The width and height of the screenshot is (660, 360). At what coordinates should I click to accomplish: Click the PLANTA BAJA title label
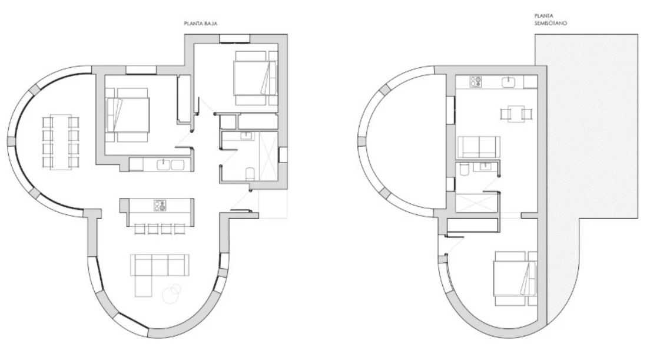pos(200,24)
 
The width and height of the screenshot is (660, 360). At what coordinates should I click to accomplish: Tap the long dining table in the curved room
pos(61,141)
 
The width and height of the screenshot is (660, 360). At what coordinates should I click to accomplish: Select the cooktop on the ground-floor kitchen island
pos(160,206)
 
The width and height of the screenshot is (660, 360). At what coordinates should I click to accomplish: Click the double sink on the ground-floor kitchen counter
pos(170,164)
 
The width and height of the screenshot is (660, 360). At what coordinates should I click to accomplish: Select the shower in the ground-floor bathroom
pos(268,156)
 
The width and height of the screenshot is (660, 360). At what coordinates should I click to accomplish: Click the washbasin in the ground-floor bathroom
pos(246,136)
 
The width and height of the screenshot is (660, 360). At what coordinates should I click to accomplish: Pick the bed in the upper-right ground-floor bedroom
pos(256,78)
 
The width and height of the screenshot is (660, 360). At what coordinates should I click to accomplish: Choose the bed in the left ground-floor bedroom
pos(128,114)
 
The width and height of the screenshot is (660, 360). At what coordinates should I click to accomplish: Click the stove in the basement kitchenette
pos(476,82)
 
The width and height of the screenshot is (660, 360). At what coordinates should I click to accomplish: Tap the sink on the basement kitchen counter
pos(509,82)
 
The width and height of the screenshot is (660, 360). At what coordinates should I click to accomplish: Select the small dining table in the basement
pos(516,114)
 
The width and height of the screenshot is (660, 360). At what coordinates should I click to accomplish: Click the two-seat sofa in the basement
pos(479,147)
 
